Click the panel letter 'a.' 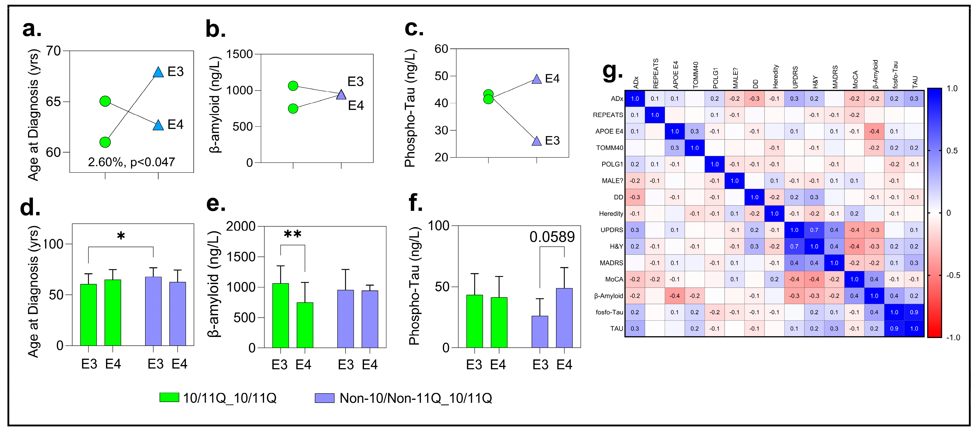(32, 29)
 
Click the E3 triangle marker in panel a (158, 72)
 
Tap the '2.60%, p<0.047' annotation (131, 162)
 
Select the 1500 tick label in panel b (239, 54)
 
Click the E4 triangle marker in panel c (536, 79)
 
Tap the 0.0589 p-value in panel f (552, 237)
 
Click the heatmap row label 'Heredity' (610, 214)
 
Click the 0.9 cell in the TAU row (894, 328)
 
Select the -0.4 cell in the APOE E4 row (874, 131)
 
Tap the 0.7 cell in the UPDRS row (814, 230)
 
